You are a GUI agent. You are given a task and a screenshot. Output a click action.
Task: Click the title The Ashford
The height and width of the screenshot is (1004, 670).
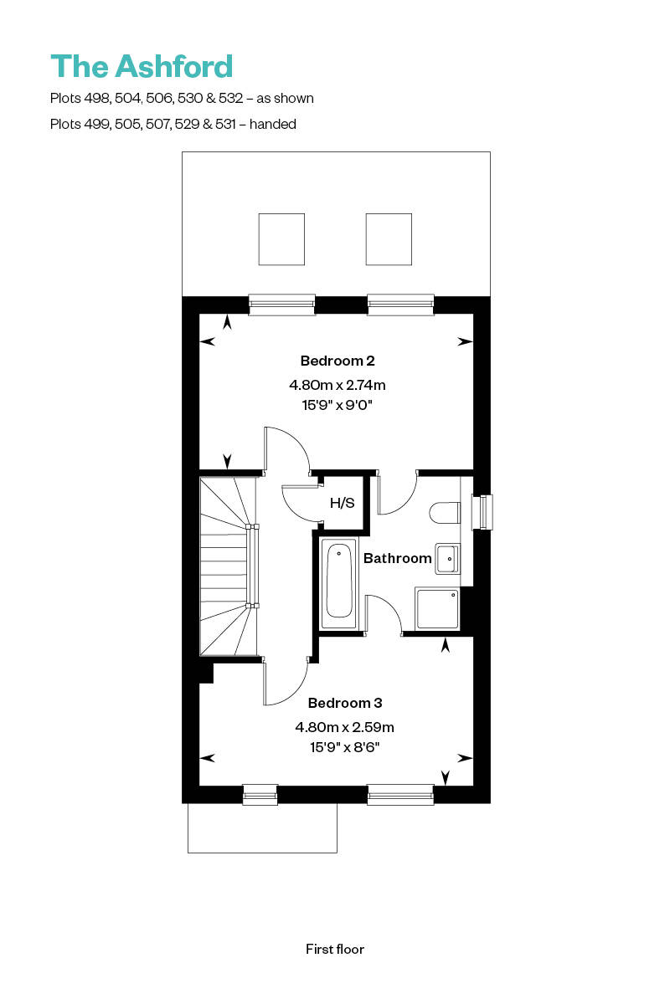[142, 66]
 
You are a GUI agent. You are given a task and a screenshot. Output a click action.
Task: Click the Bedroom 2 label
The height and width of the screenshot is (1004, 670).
[338, 361]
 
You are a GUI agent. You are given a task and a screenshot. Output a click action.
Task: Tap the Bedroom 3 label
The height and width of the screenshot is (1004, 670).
[345, 703]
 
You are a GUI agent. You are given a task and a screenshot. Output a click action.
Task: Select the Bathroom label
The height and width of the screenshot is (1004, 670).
[397, 558]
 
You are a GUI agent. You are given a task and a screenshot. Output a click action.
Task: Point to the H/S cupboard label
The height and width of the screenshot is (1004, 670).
[342, 503]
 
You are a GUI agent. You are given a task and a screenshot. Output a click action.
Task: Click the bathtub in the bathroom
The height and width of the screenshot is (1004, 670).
[339, 582]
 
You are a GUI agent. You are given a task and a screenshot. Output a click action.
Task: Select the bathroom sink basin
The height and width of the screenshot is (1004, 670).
[447, 559]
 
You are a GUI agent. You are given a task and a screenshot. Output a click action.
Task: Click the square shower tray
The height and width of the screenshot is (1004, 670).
[437, 609]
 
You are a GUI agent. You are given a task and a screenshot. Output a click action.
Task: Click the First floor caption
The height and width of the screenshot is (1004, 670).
[335, 949]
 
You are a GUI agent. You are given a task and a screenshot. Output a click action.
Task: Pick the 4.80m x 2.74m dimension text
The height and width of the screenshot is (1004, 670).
[337, 385]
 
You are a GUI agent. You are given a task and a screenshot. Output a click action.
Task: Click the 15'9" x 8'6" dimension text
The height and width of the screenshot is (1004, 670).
[345, 747]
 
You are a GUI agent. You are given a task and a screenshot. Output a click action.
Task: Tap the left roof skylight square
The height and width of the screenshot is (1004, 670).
[281, 239]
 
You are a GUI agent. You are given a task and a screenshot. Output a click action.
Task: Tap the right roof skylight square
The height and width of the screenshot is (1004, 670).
[389, 239]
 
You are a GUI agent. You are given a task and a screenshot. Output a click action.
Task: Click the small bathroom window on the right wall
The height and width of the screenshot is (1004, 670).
[482, 512]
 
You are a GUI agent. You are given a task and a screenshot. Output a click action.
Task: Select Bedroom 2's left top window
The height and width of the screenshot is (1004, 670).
[282, 305]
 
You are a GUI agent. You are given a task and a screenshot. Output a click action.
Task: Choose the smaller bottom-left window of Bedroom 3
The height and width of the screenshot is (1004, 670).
[260, 794]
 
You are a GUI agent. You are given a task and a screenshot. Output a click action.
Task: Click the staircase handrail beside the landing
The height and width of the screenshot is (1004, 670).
[253, 566]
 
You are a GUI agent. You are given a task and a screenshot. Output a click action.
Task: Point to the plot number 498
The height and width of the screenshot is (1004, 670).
[97, 98]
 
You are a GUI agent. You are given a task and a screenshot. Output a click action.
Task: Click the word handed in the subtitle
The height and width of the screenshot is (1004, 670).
[273, 124]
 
